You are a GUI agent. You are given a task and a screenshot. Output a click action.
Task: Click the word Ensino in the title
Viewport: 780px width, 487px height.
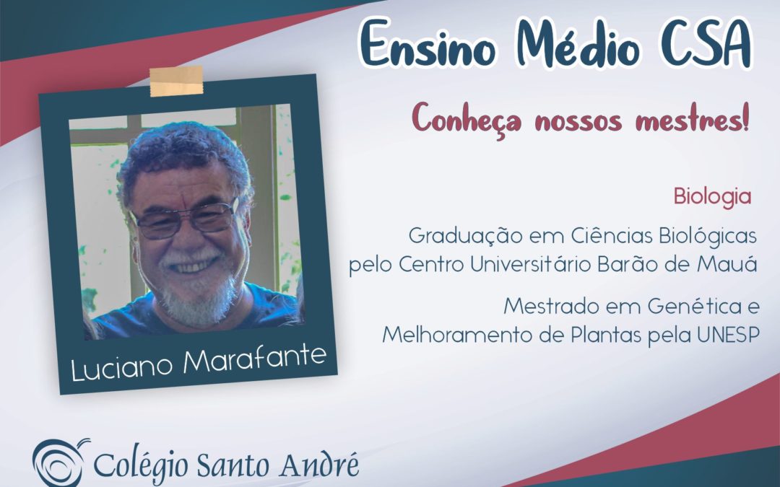428,45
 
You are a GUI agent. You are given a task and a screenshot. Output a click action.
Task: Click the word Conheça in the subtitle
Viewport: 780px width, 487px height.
467,119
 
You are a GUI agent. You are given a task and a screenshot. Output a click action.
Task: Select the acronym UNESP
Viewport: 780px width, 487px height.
728,335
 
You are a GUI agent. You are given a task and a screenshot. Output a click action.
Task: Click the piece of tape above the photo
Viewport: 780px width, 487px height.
177,81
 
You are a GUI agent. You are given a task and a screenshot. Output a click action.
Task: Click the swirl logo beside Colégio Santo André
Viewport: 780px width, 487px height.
59,463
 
